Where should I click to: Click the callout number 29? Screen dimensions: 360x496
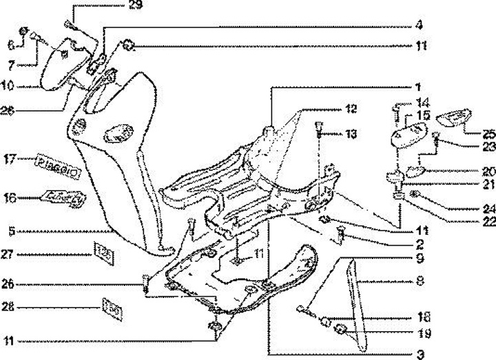(135, 6)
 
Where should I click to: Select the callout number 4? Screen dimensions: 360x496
(419, 25)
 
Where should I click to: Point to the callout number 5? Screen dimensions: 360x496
(12, 232)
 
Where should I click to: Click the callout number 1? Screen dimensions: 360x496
(418, 88)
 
